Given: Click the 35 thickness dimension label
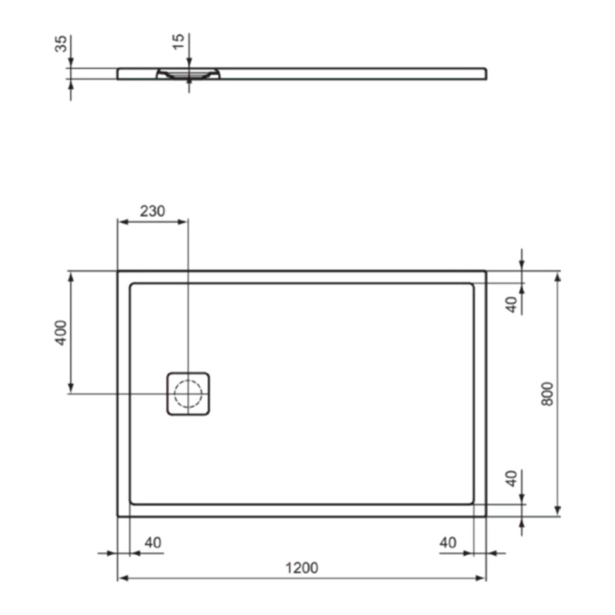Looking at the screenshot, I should [61, 44].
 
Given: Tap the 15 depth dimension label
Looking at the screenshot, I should [178, 41].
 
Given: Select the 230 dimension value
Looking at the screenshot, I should [152, 211].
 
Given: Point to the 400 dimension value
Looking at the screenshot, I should [61, 333].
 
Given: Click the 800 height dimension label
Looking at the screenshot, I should [547, 394].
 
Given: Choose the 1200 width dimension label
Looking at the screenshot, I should [302, 568].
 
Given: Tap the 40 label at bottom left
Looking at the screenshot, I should [153, 542].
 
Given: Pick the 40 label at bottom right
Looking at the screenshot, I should [448, 542].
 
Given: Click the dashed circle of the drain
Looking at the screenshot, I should [188, 394].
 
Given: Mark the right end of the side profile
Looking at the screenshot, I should [486, 73].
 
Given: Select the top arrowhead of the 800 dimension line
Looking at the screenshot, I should [558, 275].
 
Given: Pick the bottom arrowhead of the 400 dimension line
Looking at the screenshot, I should [70, 389].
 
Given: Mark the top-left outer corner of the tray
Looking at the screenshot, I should [118, 271].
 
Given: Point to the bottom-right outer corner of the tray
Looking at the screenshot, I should [486, 516].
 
